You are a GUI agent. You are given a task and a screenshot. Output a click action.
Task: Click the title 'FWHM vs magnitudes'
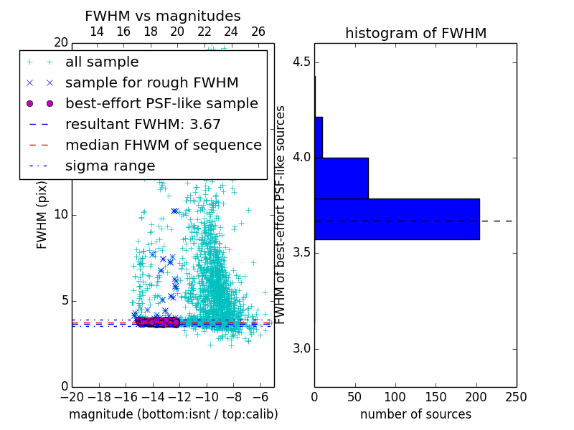click(163, 16)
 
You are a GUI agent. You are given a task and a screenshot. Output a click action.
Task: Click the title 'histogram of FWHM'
click(415, 34)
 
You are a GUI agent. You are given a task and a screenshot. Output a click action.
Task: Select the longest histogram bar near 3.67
click(397, 219)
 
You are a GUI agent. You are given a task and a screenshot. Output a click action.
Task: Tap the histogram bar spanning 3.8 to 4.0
click(342, 178)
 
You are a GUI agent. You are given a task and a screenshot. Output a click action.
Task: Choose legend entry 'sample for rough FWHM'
click(151, 82)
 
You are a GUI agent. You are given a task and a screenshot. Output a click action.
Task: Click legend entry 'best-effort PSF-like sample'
click(161, 103)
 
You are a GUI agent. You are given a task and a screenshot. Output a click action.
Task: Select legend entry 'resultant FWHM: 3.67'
click(143, 124)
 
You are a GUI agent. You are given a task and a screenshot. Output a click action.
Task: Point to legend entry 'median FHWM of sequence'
click(163, 145)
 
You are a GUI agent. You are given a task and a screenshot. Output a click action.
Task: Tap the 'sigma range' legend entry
click(110, 166)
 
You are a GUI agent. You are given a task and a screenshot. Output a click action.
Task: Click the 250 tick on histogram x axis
click(516, 396)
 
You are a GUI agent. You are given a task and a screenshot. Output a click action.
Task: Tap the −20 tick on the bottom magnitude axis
click(72, 396)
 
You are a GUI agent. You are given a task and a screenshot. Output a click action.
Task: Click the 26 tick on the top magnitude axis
click(258, 32)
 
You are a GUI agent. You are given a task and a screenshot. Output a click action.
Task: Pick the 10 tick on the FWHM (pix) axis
click(60, 214)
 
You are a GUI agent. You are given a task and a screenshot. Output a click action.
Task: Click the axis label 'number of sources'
click(415, 414)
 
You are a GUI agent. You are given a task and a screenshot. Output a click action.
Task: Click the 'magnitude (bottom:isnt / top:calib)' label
click(173, 414)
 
